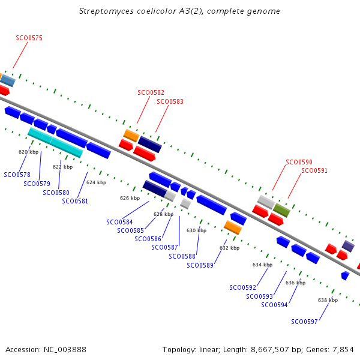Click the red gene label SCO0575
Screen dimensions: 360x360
[29, 38]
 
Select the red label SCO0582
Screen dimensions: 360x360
[151, 92]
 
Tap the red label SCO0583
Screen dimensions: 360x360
[170, 101]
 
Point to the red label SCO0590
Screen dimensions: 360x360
[299, 162]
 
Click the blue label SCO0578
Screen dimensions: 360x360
[17, 175]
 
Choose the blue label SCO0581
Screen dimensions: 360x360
[75, 201]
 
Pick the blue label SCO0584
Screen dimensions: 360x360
[119, 222]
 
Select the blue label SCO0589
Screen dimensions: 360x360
[200, 265]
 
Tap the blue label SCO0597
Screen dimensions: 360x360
[304, 322]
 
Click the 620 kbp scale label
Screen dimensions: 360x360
[28, 152]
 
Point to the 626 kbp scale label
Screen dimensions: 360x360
[130, 198]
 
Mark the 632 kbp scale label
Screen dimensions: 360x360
[230, 248]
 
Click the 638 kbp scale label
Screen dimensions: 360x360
[328, 300]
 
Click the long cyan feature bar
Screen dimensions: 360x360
[55, 143]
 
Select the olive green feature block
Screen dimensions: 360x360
[281, 211]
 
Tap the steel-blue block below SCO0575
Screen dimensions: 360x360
[8, 80]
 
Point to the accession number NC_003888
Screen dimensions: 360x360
[65, 350]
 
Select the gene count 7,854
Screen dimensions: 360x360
[343, 350]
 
